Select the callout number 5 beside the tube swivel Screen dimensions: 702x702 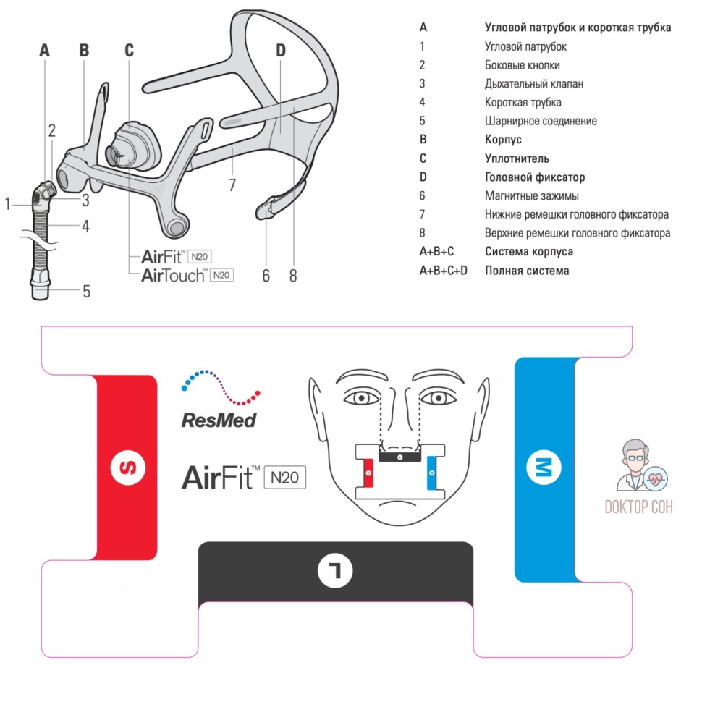tap(86, 292)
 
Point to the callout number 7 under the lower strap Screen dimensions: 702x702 tap(232, 185)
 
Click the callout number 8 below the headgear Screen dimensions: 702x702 tap(293, 276)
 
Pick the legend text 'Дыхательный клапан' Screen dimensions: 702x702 tap(533, 84)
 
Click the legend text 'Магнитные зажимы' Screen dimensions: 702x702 tap(531, 196)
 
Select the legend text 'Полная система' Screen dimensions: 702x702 tap(526, 271)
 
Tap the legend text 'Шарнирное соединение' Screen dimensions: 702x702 tap(540, 122)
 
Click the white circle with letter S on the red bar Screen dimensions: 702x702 tap(127, 468)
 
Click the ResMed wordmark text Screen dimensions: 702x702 tap(219, 419)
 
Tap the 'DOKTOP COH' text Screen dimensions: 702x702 tap(638, 507)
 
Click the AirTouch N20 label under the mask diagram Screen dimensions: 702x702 tap(187, 274)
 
